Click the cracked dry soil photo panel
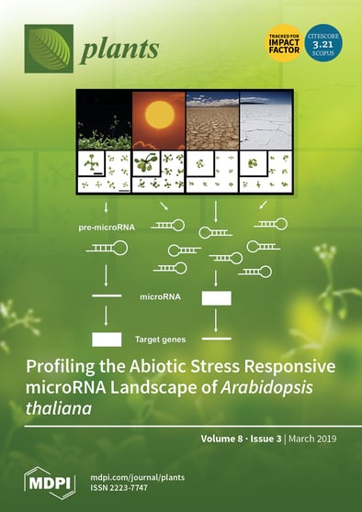[x=212, y=119]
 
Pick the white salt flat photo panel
[x=266, y=119]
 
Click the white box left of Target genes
[x=107, y=339]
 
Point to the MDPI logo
[x=50, y=482]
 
